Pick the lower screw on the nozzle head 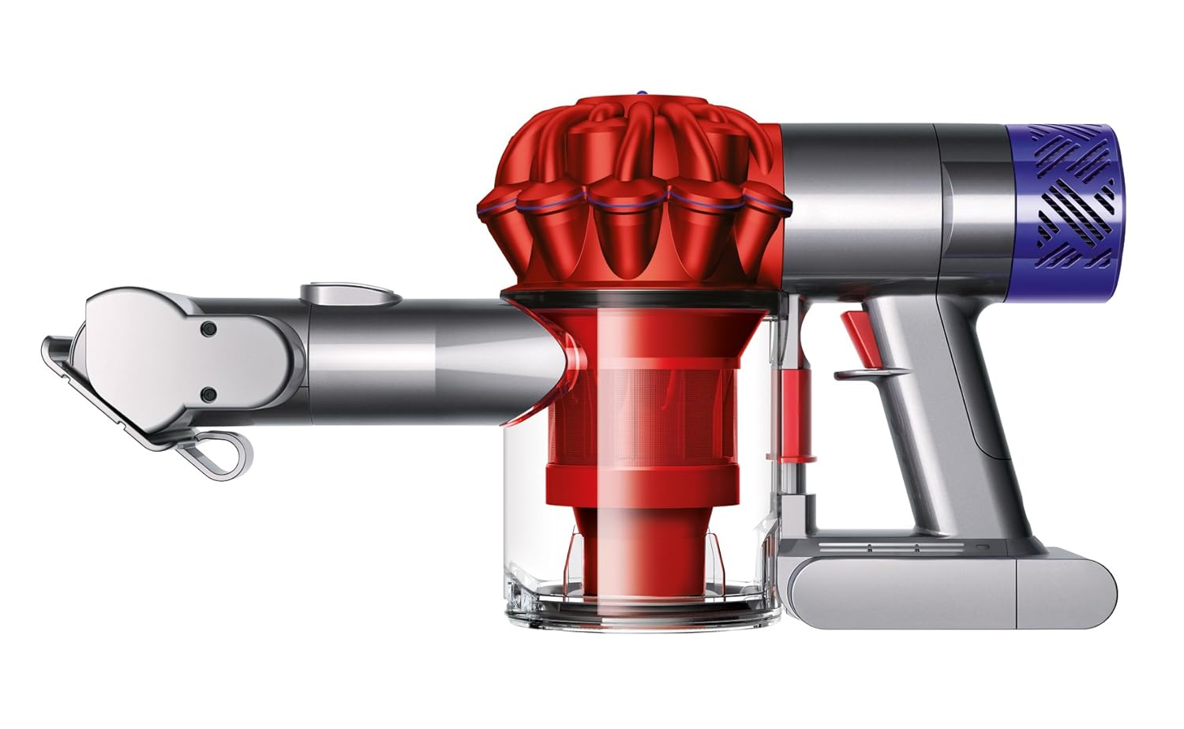(x=208, y=393)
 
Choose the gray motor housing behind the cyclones (x=860, y=205)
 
